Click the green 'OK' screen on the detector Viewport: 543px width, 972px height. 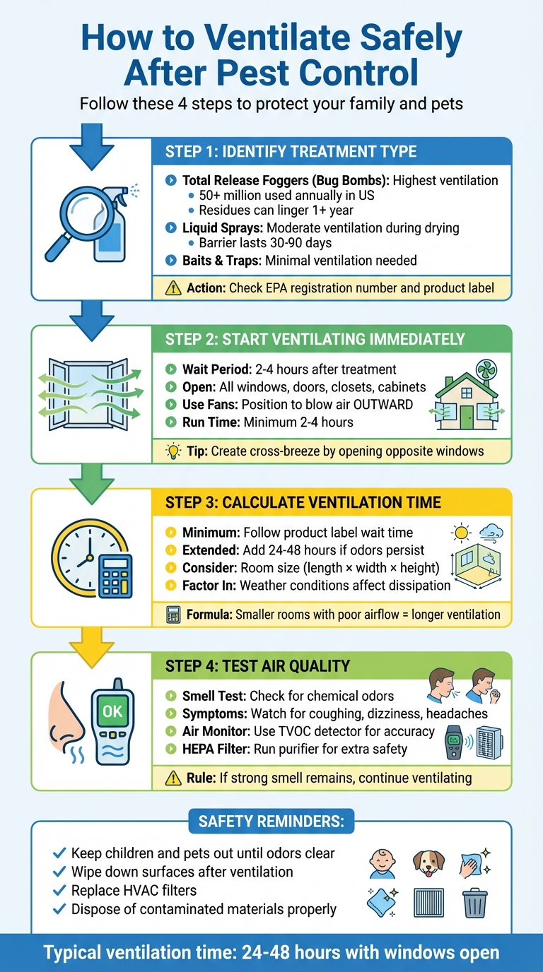[x=112, y=711]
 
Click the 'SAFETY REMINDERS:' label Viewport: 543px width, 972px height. [x=271, y=822]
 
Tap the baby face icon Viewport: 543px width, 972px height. [x=383, y=863]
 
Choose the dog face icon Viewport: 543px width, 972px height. [x=428, y=863]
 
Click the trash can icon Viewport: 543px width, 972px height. [x=474, y=903]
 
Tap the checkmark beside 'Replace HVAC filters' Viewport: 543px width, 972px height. [x=59, y=891]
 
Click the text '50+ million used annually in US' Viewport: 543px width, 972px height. [x=287, y=195]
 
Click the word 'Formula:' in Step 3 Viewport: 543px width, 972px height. [x=209, y=615]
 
